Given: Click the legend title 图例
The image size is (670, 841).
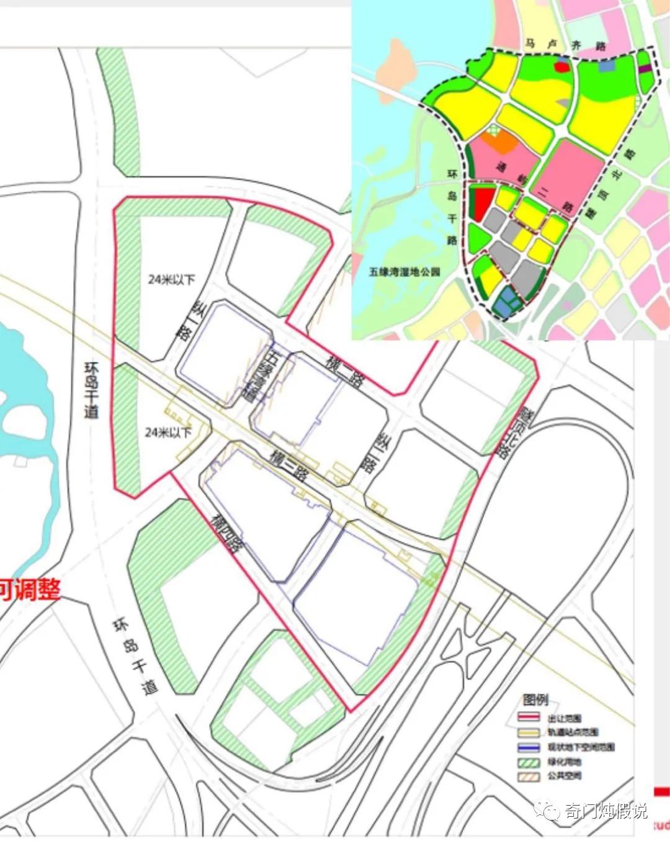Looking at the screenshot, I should (535, 699).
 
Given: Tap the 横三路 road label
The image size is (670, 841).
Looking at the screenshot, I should (288, 465).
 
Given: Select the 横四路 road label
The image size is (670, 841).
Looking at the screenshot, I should (227, 533).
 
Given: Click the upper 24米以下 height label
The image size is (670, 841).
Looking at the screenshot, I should (171, 280).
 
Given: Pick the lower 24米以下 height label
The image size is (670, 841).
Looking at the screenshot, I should (168, 432).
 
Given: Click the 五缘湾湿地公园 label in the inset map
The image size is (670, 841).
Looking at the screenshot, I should (404, 271).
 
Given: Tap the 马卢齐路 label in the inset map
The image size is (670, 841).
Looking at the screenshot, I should (565, 45).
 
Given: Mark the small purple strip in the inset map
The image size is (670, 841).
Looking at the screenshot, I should (645, 69).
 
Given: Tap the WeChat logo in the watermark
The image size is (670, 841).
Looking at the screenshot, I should (548, 810).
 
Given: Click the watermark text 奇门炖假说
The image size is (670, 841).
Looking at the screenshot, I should (605, 811).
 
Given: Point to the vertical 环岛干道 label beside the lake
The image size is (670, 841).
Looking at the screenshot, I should (91, 390).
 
